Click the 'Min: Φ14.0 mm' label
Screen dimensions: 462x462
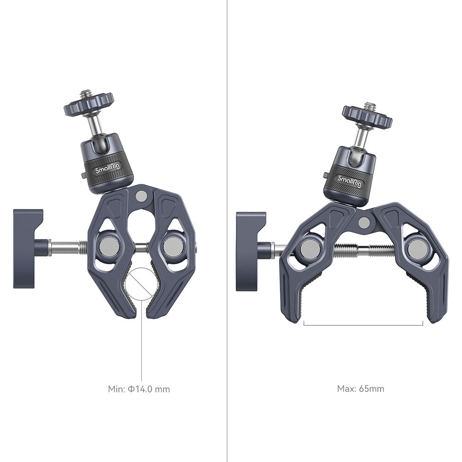pos(139,389)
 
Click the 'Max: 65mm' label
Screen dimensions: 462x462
pos(360,389)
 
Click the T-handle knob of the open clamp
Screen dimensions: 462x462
pos(251,251)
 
